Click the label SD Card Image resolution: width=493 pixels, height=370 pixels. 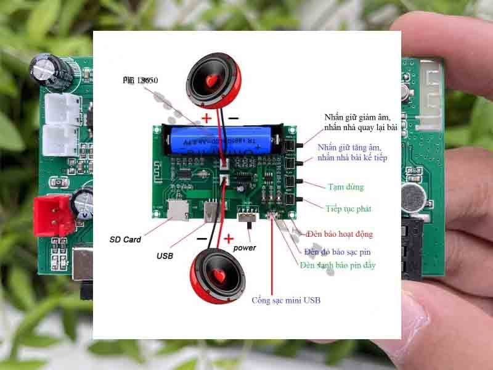click(x=125, y=239)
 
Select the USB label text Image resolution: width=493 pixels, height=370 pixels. click(x=165, y=255)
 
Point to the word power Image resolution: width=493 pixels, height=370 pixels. click(x=245, y=247)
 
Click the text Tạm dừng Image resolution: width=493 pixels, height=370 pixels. click(x=346, y=187)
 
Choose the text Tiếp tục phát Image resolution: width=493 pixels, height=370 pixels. click(x=348, y=209)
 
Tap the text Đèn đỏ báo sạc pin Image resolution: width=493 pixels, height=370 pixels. click(x=337, y=252)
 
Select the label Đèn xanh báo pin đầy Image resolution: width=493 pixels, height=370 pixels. click(x=338, y=265)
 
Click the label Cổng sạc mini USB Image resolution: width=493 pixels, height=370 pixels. click(x=286, y=300)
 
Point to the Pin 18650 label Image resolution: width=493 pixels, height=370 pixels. click(x=141, y=81)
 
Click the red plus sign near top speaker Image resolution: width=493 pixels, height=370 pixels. click(x=206, y=117)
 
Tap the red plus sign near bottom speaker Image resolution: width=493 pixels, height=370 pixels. click(x=229, y=238)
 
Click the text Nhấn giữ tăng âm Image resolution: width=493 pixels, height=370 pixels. click(x=349, y=148)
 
